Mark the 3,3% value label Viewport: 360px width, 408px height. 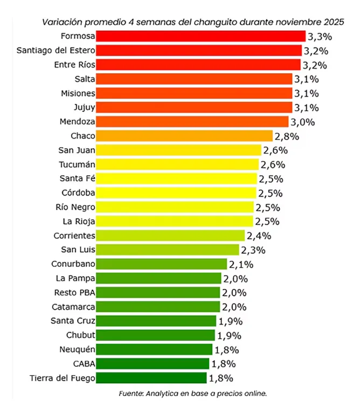[320, 37]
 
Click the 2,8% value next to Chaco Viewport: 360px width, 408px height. [286, 136]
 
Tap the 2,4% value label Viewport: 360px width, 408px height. [259, 236]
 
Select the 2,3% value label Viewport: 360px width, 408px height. [253, 250]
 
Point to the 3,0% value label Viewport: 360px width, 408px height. [302, 121]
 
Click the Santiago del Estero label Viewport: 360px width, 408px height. [56, 51]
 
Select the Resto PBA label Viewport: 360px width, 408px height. [75, 293]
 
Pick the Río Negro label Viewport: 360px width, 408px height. [75, 207]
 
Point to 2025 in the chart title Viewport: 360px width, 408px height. [334, 22]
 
